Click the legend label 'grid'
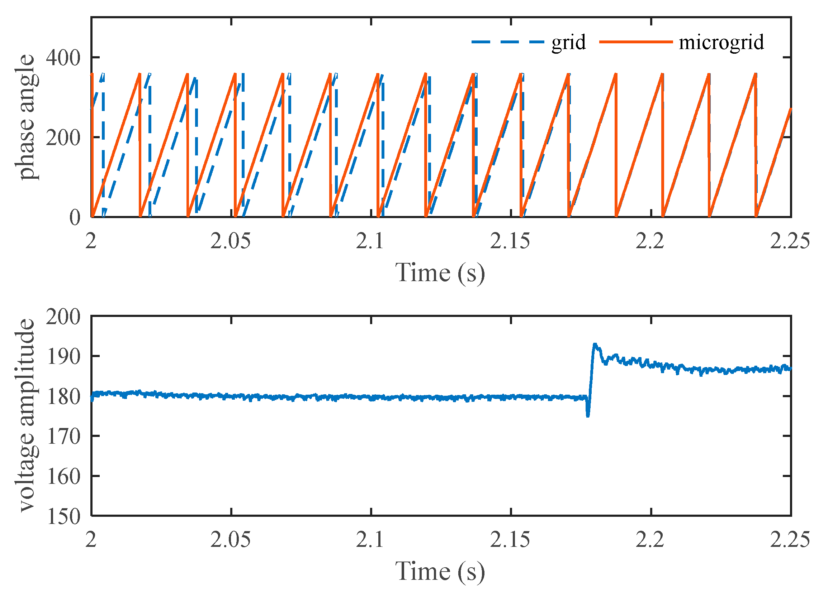(x=568, y=43)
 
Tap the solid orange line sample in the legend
(x=635, y=42)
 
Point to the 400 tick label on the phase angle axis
(x=63, y=58)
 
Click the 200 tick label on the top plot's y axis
(x=63, y=138)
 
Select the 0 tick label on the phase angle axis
(x=75, y=218)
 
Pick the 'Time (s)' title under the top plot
(x=440, y=273)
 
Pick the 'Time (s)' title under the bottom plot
(x=440, y=571)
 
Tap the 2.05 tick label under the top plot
(x=231, y=241)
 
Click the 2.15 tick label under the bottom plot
(x=510, y=540)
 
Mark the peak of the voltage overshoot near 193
(x=595, y=344)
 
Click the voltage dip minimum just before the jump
(x=588, y=416)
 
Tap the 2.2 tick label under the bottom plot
(x=650, y=540)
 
